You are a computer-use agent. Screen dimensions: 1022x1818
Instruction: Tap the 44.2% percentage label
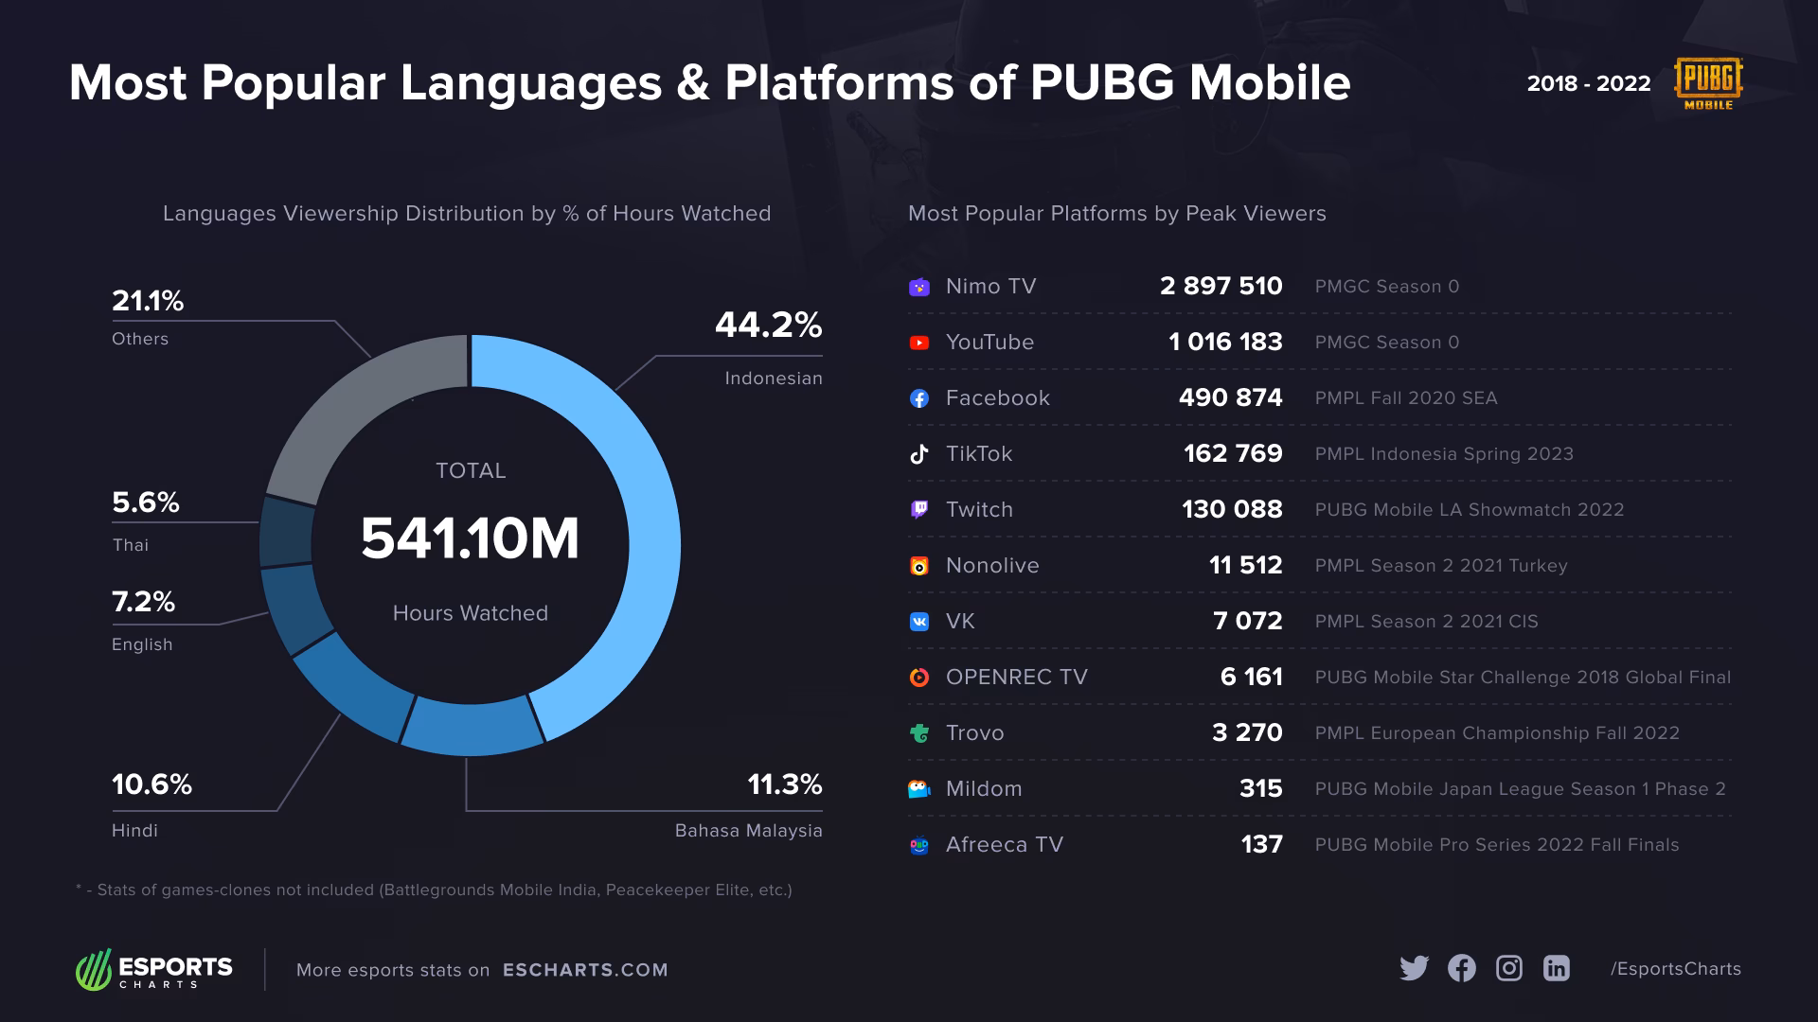point(768,326)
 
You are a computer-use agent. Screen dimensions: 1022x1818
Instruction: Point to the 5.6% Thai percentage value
point(146,502)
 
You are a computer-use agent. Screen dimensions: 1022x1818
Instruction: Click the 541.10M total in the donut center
point(470,539)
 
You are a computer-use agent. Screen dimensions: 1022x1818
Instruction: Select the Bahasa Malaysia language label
point(748,831)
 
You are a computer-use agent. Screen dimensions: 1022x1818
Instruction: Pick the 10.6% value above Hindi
point(151,784)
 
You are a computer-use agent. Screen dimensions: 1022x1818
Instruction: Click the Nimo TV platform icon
point(918,287)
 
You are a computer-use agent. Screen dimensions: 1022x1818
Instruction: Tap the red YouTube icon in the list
point(918,343)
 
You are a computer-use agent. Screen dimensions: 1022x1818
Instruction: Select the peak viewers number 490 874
point(1230,398)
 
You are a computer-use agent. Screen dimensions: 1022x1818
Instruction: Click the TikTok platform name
point(979,454)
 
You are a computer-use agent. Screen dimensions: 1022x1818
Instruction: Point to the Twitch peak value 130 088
point(1232,510)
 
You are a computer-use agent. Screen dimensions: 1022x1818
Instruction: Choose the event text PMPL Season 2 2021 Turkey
point(1440,566)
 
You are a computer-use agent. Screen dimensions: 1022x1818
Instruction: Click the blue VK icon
point(918,622)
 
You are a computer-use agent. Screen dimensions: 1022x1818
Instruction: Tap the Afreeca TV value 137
point(1261,845)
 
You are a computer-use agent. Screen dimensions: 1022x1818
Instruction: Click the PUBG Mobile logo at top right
point(1708,83)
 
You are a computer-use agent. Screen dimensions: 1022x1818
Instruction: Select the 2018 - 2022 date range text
point(1588,83)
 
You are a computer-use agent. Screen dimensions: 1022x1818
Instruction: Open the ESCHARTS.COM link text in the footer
point(585,970)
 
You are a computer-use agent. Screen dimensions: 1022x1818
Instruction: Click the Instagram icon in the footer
point(1508,968)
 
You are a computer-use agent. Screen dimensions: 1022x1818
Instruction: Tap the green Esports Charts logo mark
point(94,970)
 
